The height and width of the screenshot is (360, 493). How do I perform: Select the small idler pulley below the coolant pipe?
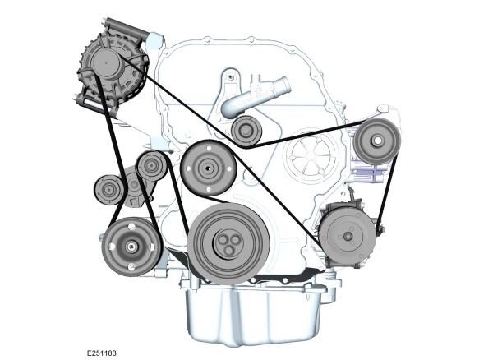[x=244, y=130]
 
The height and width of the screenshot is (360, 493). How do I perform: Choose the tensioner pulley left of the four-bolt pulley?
[x=152, y=167]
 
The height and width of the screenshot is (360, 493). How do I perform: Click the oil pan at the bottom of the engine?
[x=251, y=316]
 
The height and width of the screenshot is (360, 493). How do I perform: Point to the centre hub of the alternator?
[x=108, y=62]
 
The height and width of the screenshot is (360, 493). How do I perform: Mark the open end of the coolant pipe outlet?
[x=285, y=85]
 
